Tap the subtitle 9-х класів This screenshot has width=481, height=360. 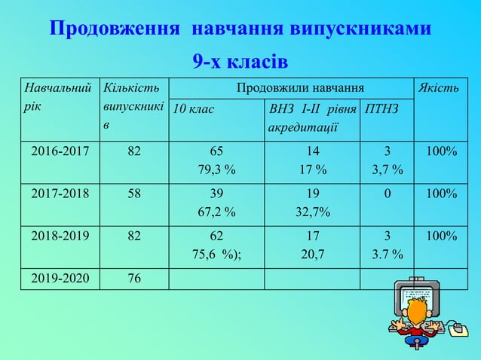(240, 60)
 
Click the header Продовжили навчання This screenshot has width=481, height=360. (290, 88)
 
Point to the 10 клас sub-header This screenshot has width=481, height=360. (194, 109)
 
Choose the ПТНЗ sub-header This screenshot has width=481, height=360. (382, 109)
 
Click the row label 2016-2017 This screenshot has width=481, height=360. (60, 151)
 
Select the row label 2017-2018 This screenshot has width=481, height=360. (60, 194)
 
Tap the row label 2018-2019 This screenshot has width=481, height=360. (60, 236)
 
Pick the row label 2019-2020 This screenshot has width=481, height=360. (60, 278)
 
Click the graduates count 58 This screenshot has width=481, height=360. (133, 194)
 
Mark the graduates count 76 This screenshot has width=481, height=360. (133, 278)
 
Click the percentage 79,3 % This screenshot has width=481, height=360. (216, 170)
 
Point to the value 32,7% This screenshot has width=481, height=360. (312, 212)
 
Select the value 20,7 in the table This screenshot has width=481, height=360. (312, 255)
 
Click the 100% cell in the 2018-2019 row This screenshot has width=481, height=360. (441, 236)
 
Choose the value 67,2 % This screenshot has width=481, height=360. (216, 212)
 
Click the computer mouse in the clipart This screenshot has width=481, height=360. (456, 329)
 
